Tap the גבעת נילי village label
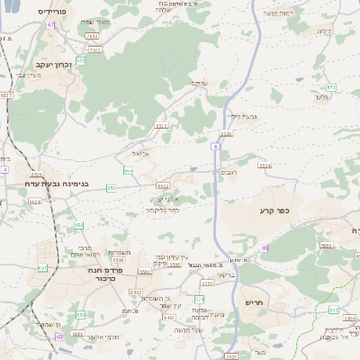(x=241, y=116)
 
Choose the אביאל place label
(x=128, y=154)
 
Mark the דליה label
(x=324, y=31)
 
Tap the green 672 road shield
(x=330, y=87)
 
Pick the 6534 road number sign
(x=265, y=166)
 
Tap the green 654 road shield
(x=129, y=169)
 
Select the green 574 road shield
(x=200, y=298)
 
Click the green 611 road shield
(x=333, y=310)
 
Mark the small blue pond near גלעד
(x=298, y=79)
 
